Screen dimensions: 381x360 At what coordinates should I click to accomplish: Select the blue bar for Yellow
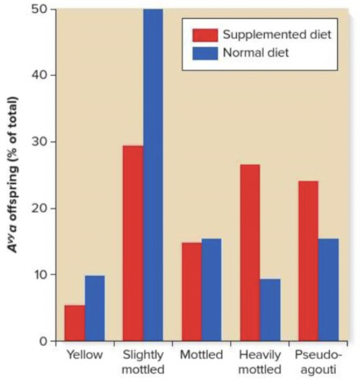click(95, 308)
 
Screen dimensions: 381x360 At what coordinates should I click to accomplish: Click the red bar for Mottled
click(191, 291)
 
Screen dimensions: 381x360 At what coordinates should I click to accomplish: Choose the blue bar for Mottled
click(211, 290)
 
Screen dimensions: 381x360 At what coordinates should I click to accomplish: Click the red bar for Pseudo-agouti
click(308, 261)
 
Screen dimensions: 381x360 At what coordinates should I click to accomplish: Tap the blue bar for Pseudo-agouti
click(328, 290)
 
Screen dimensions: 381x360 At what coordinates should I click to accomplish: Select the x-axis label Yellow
click(84, 355)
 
